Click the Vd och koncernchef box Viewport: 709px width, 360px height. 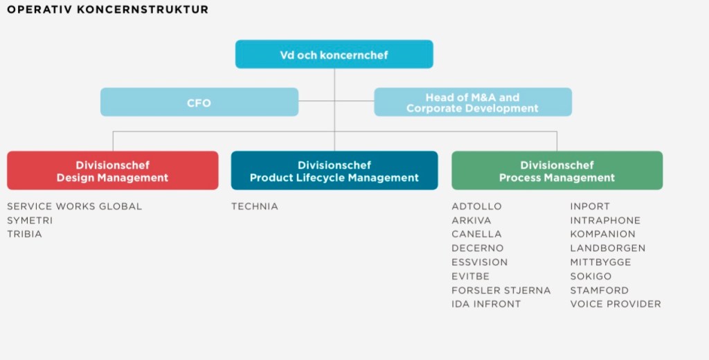(x=334, y=55)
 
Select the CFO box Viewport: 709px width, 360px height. (x=199, y=102)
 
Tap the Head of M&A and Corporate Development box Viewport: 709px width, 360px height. (x=473, y=102)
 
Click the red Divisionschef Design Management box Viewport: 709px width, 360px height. (x=112, y=171)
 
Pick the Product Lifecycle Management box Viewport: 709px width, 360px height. (x=334, y=171)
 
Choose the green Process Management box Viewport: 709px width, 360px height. (x=557, y=171)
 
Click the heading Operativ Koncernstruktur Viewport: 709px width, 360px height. (x=107, y=10)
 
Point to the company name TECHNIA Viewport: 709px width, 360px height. (x=255, y=206)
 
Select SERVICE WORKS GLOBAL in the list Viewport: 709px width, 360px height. (x=74, y=206)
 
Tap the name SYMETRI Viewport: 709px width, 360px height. (x=30, y=220)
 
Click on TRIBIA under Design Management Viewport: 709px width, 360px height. (x=25, y=234)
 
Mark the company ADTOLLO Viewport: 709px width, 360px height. (x=476, y=206)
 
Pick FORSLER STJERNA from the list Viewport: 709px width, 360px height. (x=501, y=290)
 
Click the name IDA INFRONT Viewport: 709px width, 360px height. (x=486, y=304)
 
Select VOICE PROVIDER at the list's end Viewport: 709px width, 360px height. (x=615, y=304)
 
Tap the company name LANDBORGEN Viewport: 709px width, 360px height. (x=607, y=248)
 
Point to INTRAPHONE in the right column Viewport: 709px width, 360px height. (x=605, y=220)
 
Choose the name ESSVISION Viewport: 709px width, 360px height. (x=479, y=262)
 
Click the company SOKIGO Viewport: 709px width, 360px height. (x=591, y=276)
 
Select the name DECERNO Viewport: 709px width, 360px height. (x=478, y=248)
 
